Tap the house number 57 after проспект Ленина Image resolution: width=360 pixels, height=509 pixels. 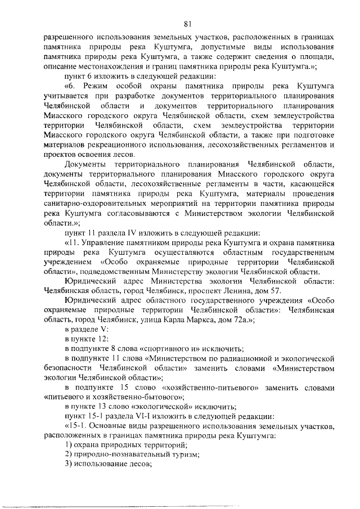(x=273, y=290)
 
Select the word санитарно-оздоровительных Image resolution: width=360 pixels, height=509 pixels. (x=92, y=204)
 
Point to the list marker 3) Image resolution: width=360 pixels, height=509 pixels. (x=69, y=464)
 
